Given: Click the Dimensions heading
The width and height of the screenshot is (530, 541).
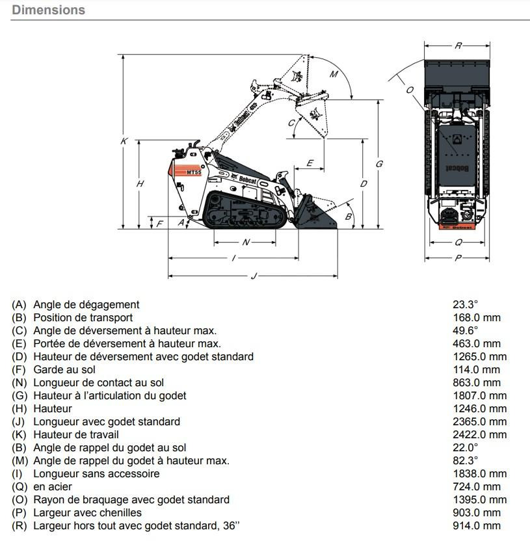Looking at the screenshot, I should (48, 10).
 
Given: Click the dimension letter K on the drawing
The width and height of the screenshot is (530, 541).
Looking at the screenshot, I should (123, 141).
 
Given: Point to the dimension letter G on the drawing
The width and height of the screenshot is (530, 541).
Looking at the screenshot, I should (379, 164).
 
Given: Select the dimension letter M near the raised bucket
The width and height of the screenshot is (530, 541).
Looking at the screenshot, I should (334, 74).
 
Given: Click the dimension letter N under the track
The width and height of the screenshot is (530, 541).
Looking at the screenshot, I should (246, 242).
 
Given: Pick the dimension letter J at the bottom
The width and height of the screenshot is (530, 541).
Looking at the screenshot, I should (254, 277).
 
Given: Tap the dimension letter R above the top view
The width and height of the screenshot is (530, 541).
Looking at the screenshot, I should (458, 46).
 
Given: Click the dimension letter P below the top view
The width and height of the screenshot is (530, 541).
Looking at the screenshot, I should (458, 258).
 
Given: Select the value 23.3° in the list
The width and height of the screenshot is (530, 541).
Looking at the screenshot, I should (465, 304).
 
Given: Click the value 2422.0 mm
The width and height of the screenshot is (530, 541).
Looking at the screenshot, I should (479, 434).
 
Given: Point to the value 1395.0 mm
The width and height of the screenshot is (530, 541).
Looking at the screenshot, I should (479, 499).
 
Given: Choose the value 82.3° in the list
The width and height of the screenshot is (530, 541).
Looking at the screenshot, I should (465, 460).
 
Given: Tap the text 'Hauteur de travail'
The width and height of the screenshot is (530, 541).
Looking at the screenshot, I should (76, 434).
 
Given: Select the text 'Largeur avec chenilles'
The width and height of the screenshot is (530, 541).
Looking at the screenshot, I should (87, 512).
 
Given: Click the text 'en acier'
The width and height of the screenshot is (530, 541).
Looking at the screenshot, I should (53, 486).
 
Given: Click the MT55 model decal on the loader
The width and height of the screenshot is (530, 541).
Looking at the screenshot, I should (194, 172).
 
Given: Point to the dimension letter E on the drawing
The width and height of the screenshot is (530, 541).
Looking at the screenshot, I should (310, 163).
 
